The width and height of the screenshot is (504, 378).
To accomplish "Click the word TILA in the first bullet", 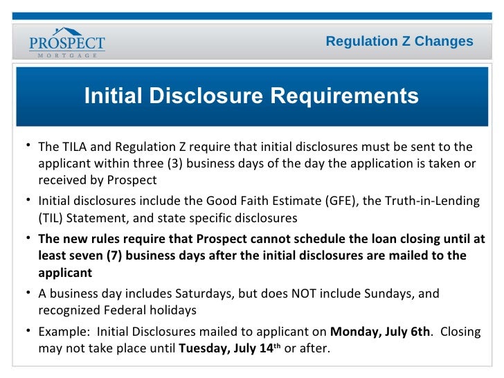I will tap(73, 147).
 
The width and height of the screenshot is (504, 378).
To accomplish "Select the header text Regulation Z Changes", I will tap(399, 42).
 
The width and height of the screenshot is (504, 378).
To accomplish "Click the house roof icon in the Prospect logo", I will tap(67, 31).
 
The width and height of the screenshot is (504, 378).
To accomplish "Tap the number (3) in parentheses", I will tap(175, 164).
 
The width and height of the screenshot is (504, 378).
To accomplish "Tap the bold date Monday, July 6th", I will tap(380, 331).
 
